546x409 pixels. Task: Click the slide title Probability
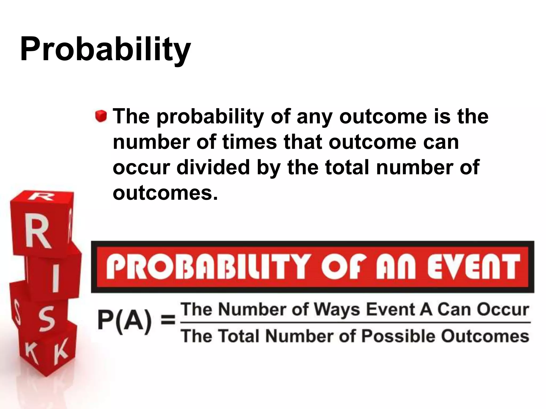click(105, 49)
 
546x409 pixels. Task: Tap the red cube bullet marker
click(101, 116)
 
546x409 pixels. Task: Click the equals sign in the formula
click(168, 320)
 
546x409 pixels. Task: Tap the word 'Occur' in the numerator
click(503, 310)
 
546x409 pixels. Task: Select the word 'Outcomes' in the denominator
click(485, 336)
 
